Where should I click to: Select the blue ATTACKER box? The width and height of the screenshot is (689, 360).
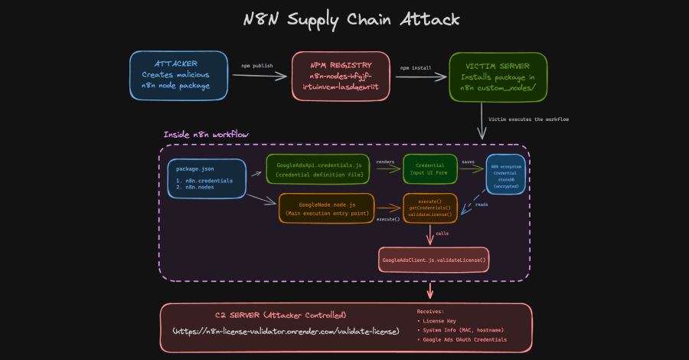(180, 75)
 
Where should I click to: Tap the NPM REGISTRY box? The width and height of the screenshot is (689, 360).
(339, 75)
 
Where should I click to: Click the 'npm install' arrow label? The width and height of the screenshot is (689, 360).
(416, 67)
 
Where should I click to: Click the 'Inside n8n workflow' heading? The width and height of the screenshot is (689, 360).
(206, 135)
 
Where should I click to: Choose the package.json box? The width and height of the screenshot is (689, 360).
(206, 178)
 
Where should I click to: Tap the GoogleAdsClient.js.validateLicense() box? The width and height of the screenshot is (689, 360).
(434, 261)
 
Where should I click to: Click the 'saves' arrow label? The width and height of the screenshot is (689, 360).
(468, 162)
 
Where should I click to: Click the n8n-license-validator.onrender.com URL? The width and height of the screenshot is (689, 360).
(286, 332)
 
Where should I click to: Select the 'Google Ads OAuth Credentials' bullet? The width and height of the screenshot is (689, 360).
(465, 339)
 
